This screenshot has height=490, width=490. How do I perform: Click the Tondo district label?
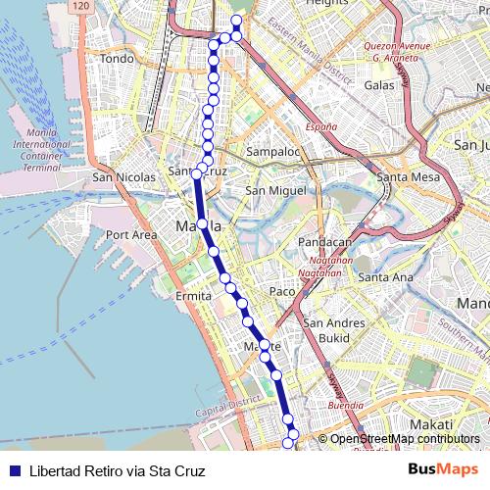pyautogui.click(x=117, y=59)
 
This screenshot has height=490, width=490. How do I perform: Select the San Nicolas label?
pyautogui.click(x=123, y=177)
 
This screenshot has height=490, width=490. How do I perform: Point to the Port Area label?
pyautogui.click(x=131, y=235)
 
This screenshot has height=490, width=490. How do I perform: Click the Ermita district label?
pyautogui.click(x=193, y=295)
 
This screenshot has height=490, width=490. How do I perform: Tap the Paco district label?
pyautogui.click(x=282, y=291)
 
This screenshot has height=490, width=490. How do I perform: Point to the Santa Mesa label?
pyautogui.click(x=405, y=177)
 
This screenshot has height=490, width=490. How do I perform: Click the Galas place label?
pyautogui.click(x=378, y=85)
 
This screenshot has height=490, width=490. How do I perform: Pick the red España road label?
pyautogui.click(x=319, y=127)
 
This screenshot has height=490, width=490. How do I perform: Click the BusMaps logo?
pyautogui.click(x=443, y=469)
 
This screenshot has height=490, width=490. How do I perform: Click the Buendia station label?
pyautogui.click(x=345, y=403)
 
